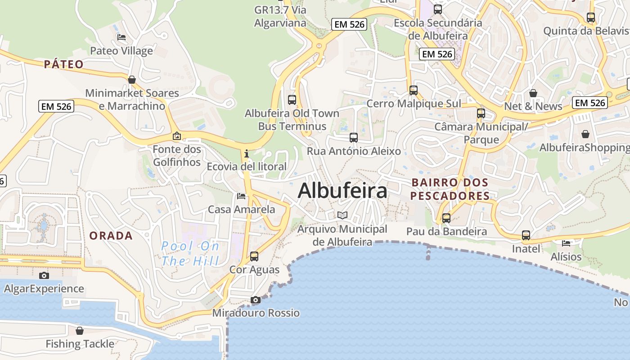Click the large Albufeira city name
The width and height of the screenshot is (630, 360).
click(342, 191)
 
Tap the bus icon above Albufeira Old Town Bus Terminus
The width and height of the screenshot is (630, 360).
click(292, 100)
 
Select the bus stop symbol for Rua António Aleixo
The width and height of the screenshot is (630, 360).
click(354, 138)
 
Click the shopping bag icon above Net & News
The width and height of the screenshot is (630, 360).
click(533, 93)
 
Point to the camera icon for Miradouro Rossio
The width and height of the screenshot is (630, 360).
click(256, 300)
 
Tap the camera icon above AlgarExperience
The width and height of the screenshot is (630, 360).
click(44, 275)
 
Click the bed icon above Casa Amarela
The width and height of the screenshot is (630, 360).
click(241, 196)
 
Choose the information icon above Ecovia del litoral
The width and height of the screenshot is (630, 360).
click(246, 154)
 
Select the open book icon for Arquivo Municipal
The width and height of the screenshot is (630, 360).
click(342, 215)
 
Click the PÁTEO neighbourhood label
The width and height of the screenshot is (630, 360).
click(64, 64)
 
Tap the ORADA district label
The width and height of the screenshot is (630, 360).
click(111, 236)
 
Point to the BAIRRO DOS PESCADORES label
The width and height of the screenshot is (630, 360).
click(450, 189)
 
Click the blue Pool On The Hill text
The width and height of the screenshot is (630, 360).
click(190, 253)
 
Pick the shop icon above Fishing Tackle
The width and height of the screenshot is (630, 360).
click(80, 331)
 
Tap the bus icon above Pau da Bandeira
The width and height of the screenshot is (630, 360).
click(446, 218)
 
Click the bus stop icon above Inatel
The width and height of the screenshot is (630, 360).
click(526, 235)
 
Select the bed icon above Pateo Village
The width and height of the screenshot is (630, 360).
click(121, 37)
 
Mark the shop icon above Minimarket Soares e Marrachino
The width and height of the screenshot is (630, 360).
click(132, 80)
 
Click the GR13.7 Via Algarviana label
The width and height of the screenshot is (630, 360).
click(280, 16)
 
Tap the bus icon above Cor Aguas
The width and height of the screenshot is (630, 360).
click(254, 256)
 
